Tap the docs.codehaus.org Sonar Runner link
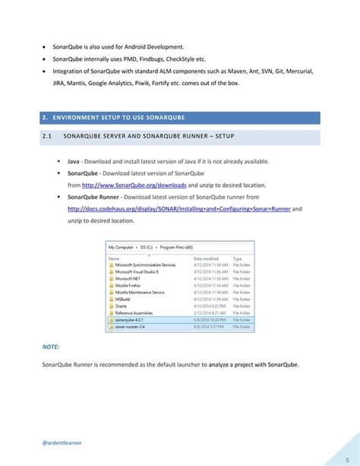pos(179,208)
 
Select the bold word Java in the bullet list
pos(74,162)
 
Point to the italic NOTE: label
pos(50,347)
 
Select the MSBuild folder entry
pos(122,300)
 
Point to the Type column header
pos(236,258)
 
